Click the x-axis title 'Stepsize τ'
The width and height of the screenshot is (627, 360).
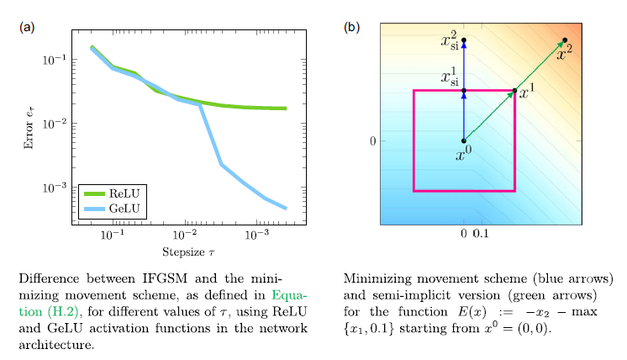pyautogui.click(x=188, y=252)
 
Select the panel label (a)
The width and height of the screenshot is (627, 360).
pyautogui.click(x=27, y=27)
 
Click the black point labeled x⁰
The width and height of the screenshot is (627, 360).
pyautogui.click(x=464, y=141)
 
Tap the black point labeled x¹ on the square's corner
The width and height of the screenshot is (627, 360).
pyautogui.click(x=514, y=90)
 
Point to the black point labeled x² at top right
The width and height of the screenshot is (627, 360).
pyautogui.click(x=565, y=40)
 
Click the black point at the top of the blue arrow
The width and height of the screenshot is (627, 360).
pyautogui.click(x=464, y=40)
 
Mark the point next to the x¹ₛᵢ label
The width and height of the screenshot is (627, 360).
pyautogui.click(x=464, y=90)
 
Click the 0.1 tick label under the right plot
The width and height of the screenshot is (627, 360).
pyautogui.click(x=482, y=232)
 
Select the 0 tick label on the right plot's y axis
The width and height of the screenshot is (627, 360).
pyautogui.click(x=371, y=141)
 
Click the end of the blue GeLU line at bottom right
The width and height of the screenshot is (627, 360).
pyautogui.click(x=286, y=208)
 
